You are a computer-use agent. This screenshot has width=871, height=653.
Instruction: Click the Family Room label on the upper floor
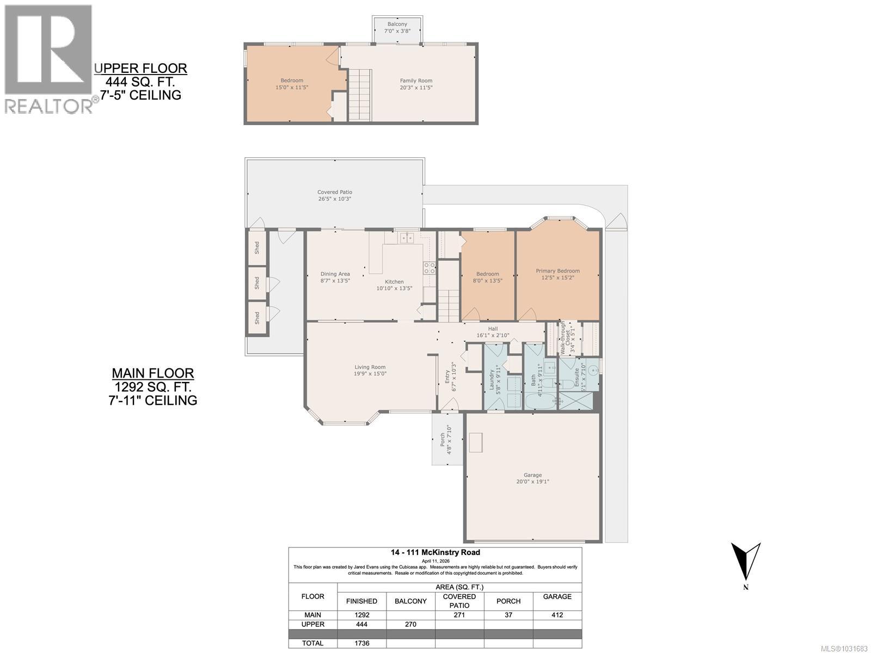click(416, 81)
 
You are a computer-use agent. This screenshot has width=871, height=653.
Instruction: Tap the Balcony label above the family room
click(397, 24)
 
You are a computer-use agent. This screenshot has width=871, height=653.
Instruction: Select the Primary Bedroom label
click(557, 271)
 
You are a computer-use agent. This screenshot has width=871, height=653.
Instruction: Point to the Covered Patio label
click(335, 192)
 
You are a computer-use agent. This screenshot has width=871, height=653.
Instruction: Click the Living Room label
click(370, 367)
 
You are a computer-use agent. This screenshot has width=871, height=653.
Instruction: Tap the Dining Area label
click(335, 274)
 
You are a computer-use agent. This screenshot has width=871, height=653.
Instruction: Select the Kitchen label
click(394, 282)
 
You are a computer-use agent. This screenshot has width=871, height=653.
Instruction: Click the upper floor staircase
click(360, 95)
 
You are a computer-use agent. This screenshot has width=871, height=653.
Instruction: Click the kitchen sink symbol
click(406, 238)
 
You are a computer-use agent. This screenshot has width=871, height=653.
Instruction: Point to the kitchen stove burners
click(430, 267)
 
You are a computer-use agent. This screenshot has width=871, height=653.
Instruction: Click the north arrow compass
click(746, 563)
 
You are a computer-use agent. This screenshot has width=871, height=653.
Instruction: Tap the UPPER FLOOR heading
click(140, 69)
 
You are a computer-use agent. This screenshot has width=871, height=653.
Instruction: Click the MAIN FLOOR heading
click(152, 373)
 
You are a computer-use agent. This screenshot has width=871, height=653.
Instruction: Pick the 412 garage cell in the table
click(557, 615)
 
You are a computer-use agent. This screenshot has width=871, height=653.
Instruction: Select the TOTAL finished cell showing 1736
click(361, 643)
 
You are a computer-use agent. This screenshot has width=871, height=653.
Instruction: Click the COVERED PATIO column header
click(459, 601)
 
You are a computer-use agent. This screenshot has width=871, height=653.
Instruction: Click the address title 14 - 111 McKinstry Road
click(434, 552)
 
